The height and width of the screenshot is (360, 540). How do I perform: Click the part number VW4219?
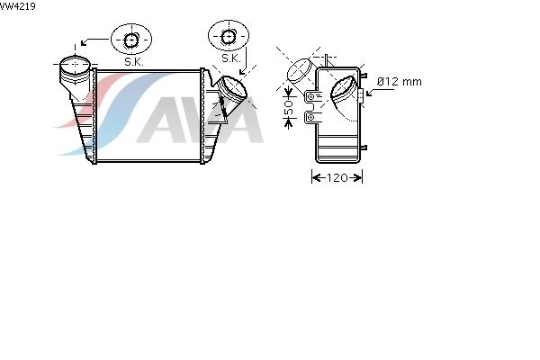18,6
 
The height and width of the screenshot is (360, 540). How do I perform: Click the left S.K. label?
134,62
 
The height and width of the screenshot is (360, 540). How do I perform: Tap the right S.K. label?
231,58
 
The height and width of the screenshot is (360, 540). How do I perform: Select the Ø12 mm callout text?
399,82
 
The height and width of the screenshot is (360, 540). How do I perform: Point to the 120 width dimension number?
337,178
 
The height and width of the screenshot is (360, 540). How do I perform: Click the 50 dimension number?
288,107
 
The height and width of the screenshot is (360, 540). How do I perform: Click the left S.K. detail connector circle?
130,40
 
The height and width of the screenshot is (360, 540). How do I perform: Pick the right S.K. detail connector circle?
228,37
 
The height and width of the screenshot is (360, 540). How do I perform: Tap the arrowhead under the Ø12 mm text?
370,93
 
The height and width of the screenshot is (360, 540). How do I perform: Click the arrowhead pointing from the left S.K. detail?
84,42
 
